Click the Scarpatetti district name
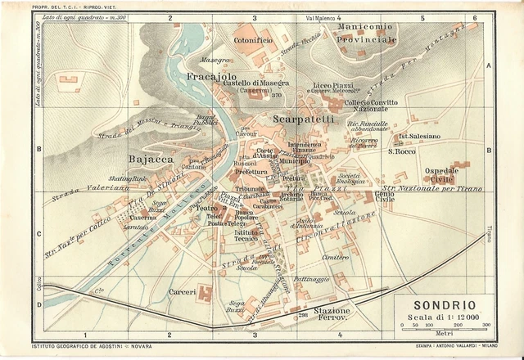(x=303, y=119)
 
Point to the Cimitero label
(x=336, y=257)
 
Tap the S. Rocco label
(x=403, y=151)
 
